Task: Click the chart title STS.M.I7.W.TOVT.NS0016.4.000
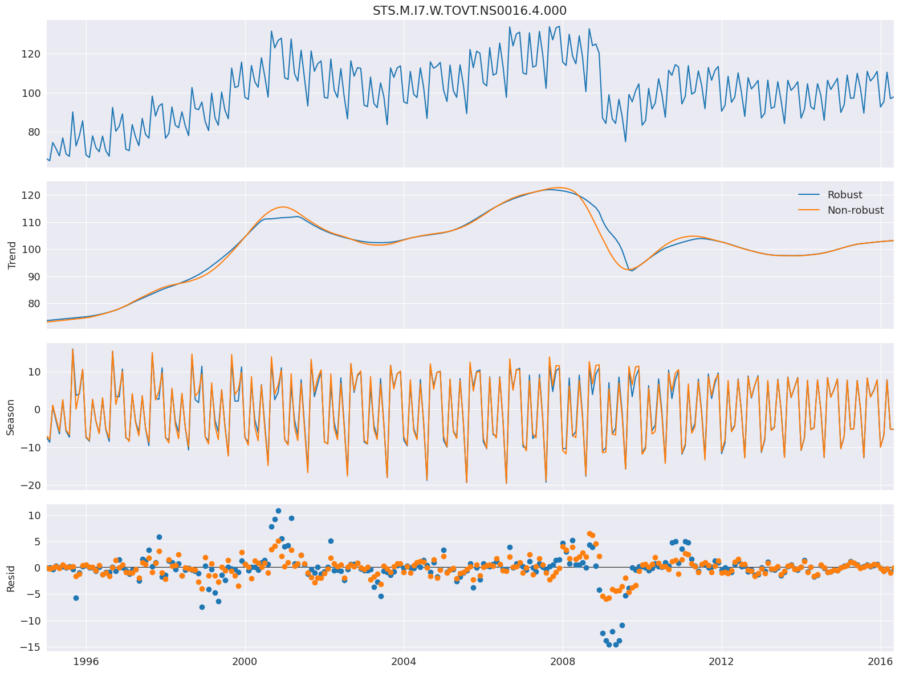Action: (x=470, y=11)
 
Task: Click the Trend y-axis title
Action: (x=11, y=255)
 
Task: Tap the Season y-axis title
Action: (x=11, y=417)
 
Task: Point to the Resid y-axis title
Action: (x=11, y=577)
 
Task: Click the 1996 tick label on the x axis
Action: (x=86, y=661)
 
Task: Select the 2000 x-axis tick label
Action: (x=245, y=661)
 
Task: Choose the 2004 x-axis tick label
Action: (x=404, y=661)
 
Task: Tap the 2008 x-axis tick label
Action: (x=563, y=661)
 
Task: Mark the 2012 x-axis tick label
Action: (x=722, y=661)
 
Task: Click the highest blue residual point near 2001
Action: (x=278, y=511)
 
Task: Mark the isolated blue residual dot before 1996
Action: (x=76, y=598)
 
